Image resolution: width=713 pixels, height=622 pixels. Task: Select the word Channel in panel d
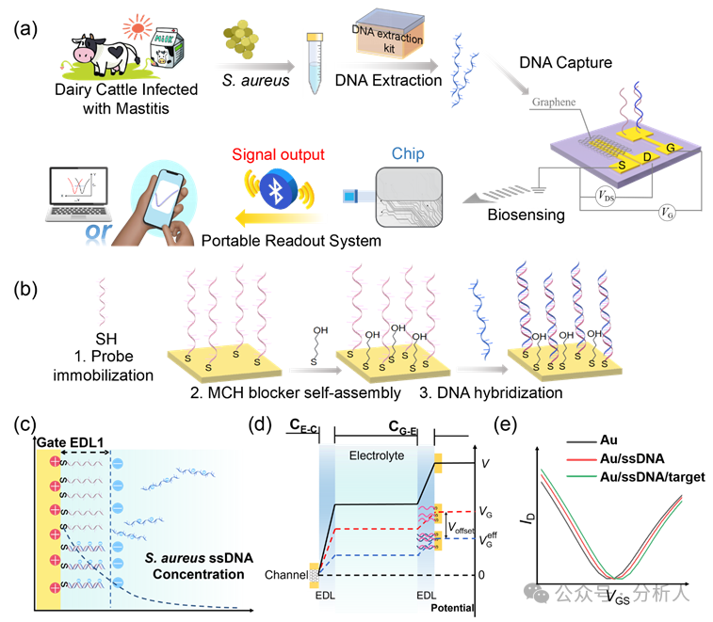[287, 575]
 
